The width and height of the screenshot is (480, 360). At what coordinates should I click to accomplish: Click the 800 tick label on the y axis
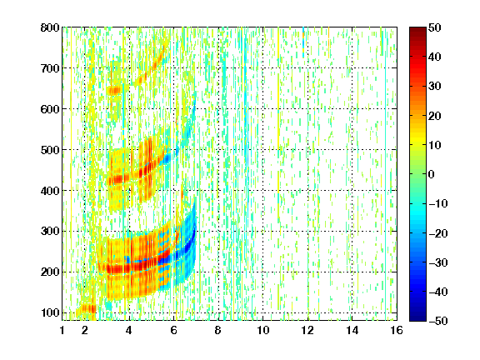tap(50, 27)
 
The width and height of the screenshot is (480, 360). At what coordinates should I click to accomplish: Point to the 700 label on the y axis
tap(50, 68)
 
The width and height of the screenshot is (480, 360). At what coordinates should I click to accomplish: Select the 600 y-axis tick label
tap(50, 109)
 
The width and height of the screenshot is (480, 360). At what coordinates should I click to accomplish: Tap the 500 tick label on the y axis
tap(50, 150)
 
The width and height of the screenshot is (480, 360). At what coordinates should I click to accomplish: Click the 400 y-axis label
tap(50, 191)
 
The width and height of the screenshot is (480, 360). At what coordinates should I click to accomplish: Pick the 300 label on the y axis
tap(50, 232)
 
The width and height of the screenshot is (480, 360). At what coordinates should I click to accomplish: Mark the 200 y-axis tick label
tap(50, 272)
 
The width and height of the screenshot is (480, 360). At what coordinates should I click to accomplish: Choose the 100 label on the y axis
tap(50, 312)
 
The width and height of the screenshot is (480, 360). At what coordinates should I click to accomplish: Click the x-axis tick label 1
tap(62, 330)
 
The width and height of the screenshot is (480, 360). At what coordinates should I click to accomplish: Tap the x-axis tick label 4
tap(129, 330)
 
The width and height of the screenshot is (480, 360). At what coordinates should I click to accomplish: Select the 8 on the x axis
tap(217, 330)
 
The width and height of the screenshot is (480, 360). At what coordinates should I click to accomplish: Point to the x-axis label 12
tap(307, 330)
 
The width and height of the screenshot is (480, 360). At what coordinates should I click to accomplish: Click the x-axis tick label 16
tap(397, 330)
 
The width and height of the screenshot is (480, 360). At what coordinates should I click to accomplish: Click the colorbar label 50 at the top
tap(435, 27)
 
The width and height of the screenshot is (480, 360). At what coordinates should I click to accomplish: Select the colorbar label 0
tap(432, 174)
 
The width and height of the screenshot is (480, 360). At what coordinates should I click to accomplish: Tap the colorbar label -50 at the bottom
tap(437, 321)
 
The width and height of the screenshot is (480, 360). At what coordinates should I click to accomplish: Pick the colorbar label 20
tap(435, 116)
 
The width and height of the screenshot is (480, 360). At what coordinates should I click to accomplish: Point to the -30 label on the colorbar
tap(437, 262)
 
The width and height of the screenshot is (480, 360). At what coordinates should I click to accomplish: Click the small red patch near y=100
tap(88, 308)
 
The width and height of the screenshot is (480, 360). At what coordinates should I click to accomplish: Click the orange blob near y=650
tap(114, 91)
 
